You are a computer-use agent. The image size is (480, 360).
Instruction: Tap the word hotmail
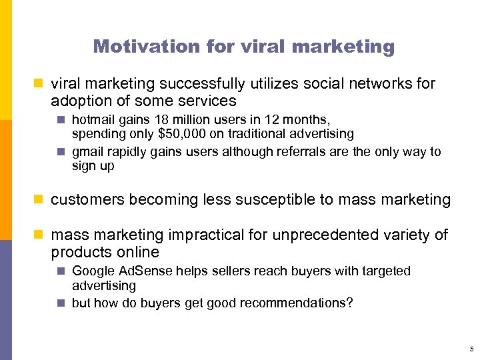coord(93,120)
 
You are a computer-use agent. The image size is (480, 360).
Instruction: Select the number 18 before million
coord(156,120)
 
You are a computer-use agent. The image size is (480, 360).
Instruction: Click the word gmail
coord(88,152)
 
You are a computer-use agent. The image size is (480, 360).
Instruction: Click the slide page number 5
coord(471,349)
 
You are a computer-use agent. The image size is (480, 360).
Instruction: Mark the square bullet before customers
coord(40,199)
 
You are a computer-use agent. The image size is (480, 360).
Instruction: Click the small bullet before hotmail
coord(61,121)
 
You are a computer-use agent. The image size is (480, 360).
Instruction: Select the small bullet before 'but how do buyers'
coord(61,303)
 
